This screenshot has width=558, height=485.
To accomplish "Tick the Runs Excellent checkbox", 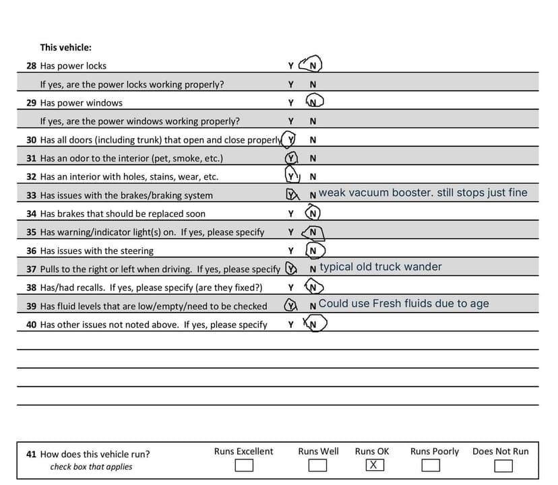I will (243, 465).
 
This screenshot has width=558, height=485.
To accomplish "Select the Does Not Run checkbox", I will (503, 465).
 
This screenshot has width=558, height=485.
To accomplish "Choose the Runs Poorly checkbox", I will (431, 465).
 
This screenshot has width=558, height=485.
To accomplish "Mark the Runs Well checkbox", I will (317, 465).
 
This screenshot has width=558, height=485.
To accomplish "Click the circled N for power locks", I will (312, 66).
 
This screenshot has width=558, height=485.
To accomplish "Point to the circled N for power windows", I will (313, 103).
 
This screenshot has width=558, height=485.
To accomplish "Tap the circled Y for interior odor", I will (290, 158).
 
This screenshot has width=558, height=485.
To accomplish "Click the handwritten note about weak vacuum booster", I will (423, 193).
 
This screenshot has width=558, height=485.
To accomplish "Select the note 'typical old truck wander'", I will (381, 267).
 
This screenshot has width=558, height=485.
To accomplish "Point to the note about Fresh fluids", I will (404, 304).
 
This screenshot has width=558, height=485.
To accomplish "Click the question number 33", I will (31, 195).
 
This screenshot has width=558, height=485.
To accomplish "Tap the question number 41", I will (31, 454).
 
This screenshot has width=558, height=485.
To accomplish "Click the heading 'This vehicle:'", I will (65, 48).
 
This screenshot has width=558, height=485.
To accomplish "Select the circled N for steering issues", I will (313, 251).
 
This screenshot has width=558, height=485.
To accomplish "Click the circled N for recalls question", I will (312, 288).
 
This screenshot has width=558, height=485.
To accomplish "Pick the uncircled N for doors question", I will (312, 140).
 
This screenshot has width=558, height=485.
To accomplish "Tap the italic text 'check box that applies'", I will (91, 467).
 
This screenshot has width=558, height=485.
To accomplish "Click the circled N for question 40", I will (314, 325).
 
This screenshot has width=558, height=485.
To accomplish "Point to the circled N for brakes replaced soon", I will (312, 214).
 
